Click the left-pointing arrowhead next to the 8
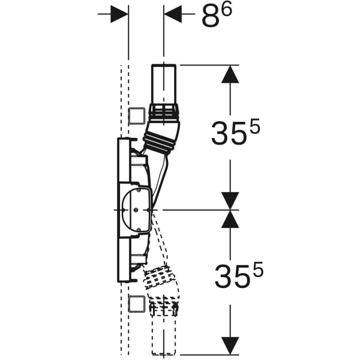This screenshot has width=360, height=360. tap(173, 14)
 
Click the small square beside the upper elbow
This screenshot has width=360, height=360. tap(137, 115)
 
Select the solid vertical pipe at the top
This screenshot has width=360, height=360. tap(164, 84)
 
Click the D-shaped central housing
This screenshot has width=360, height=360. tap(136, 210)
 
